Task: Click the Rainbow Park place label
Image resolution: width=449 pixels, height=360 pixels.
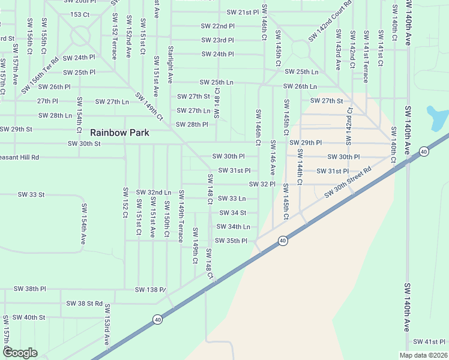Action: pyautogui.click(x=119, y=132)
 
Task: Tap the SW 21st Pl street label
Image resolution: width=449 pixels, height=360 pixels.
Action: pyautogui.click(x=243, y=12)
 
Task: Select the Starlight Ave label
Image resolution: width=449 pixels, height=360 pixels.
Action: pyautogui.click(x=170, y=64)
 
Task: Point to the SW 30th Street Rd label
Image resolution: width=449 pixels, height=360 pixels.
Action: pyautogui.click(x=348, y=184)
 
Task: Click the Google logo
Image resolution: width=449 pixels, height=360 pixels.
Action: pyautogui.click(x=20, y=353)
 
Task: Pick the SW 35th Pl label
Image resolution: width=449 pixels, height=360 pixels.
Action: pyautogui.click(x=231, y=241)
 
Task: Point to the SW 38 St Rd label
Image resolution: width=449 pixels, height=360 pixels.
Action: pyautogui.click(x=85, y=304)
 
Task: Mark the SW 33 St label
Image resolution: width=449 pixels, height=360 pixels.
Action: pyautogui.click(x=32, y=194)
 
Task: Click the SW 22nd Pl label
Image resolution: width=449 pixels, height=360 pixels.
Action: pyautogui.click(x=218, y=26)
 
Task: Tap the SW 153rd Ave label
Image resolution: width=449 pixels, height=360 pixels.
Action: pyautogui.click(x=107, y=325)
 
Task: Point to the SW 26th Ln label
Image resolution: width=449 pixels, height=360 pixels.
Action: pyautogui.click(x=301, y=86)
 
